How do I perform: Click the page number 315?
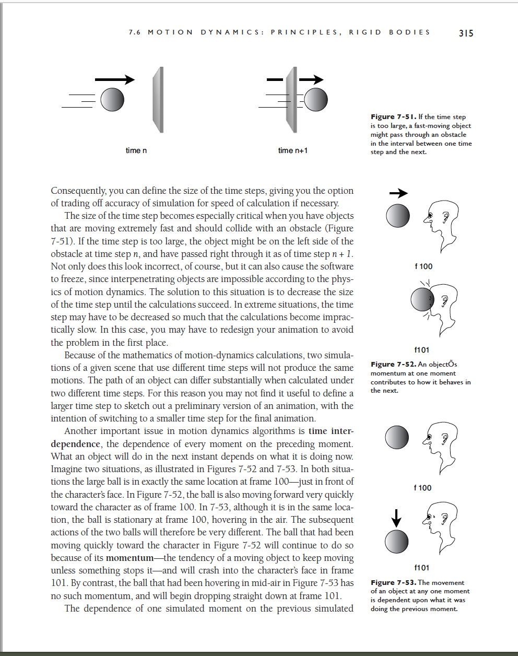(x=466, y=33)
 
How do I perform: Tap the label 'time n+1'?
(x=293, y=150)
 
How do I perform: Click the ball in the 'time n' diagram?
(x=112, y=99)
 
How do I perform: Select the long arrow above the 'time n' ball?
(x=115, y=79)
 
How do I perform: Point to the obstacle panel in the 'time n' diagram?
(x=158, y=100)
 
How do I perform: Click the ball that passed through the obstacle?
(x=315, y=99)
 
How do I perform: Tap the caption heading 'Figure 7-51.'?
(x=394, y=117)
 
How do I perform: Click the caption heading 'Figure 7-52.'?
(x=394, y=364)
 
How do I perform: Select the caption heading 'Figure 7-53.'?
(x=394, y=582)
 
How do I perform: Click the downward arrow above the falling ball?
(x=396, y=518)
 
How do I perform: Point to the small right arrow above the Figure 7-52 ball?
(x=398, y=193)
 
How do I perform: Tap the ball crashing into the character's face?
(x=422, y=299)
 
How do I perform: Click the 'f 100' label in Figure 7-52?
(x=423, y=266)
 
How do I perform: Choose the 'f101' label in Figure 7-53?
(x=421, y=568)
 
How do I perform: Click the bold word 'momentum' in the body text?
(x=129, y=558)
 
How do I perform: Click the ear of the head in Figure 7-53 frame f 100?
(x=445, y=439)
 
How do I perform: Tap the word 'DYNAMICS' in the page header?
(x=232, y=32)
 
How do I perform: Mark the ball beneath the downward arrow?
(x=396, y=542)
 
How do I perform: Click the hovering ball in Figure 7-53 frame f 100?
(x=397, y=437)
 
